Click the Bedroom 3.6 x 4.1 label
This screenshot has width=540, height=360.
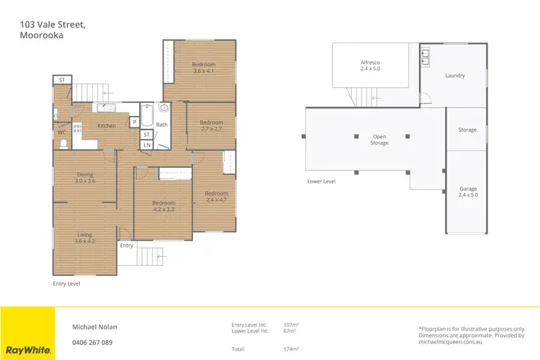point(204,68)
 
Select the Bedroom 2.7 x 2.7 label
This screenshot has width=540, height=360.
point(211,126)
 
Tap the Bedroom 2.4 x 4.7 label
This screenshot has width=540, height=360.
point(216,197)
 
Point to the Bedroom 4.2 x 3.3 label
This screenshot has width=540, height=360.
point(163,207)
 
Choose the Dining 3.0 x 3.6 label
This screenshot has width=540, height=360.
point(86,178)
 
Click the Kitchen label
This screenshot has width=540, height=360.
point(107,127)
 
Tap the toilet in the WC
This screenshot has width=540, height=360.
point(63,143)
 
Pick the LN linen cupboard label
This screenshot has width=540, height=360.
point(146,145)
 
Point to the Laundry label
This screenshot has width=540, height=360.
point(454,76)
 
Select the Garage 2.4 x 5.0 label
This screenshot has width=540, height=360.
point(467,192)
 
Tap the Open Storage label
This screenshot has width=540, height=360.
point(379,140)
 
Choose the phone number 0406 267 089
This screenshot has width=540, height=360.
point(92,342)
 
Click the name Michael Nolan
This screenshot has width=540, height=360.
point(94,326)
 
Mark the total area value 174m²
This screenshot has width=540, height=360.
point(292,349)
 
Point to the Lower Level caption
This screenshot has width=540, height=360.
point(321,181)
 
